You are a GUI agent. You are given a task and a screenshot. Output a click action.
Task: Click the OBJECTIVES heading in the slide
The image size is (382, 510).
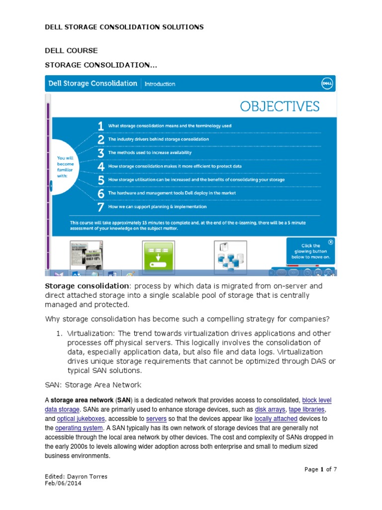279,106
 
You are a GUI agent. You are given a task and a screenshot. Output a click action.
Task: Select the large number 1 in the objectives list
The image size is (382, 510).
100,126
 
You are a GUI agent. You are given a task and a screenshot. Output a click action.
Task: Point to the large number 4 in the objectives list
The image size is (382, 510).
100,166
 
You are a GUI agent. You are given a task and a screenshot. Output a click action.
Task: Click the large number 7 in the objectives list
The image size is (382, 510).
100,206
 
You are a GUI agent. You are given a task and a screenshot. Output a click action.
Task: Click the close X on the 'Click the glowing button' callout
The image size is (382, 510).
331,242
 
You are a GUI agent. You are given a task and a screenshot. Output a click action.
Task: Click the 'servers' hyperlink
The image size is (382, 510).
156,419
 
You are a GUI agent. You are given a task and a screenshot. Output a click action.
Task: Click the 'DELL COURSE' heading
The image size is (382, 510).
71,51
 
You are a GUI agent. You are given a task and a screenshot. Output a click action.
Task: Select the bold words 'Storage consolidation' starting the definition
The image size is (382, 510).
87,286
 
